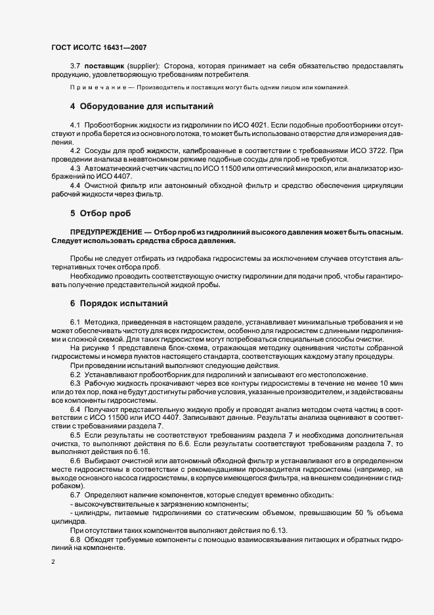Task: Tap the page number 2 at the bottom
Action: (53, 562)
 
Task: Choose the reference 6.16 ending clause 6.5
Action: (141, 452)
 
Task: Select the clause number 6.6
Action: (76, 461)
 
